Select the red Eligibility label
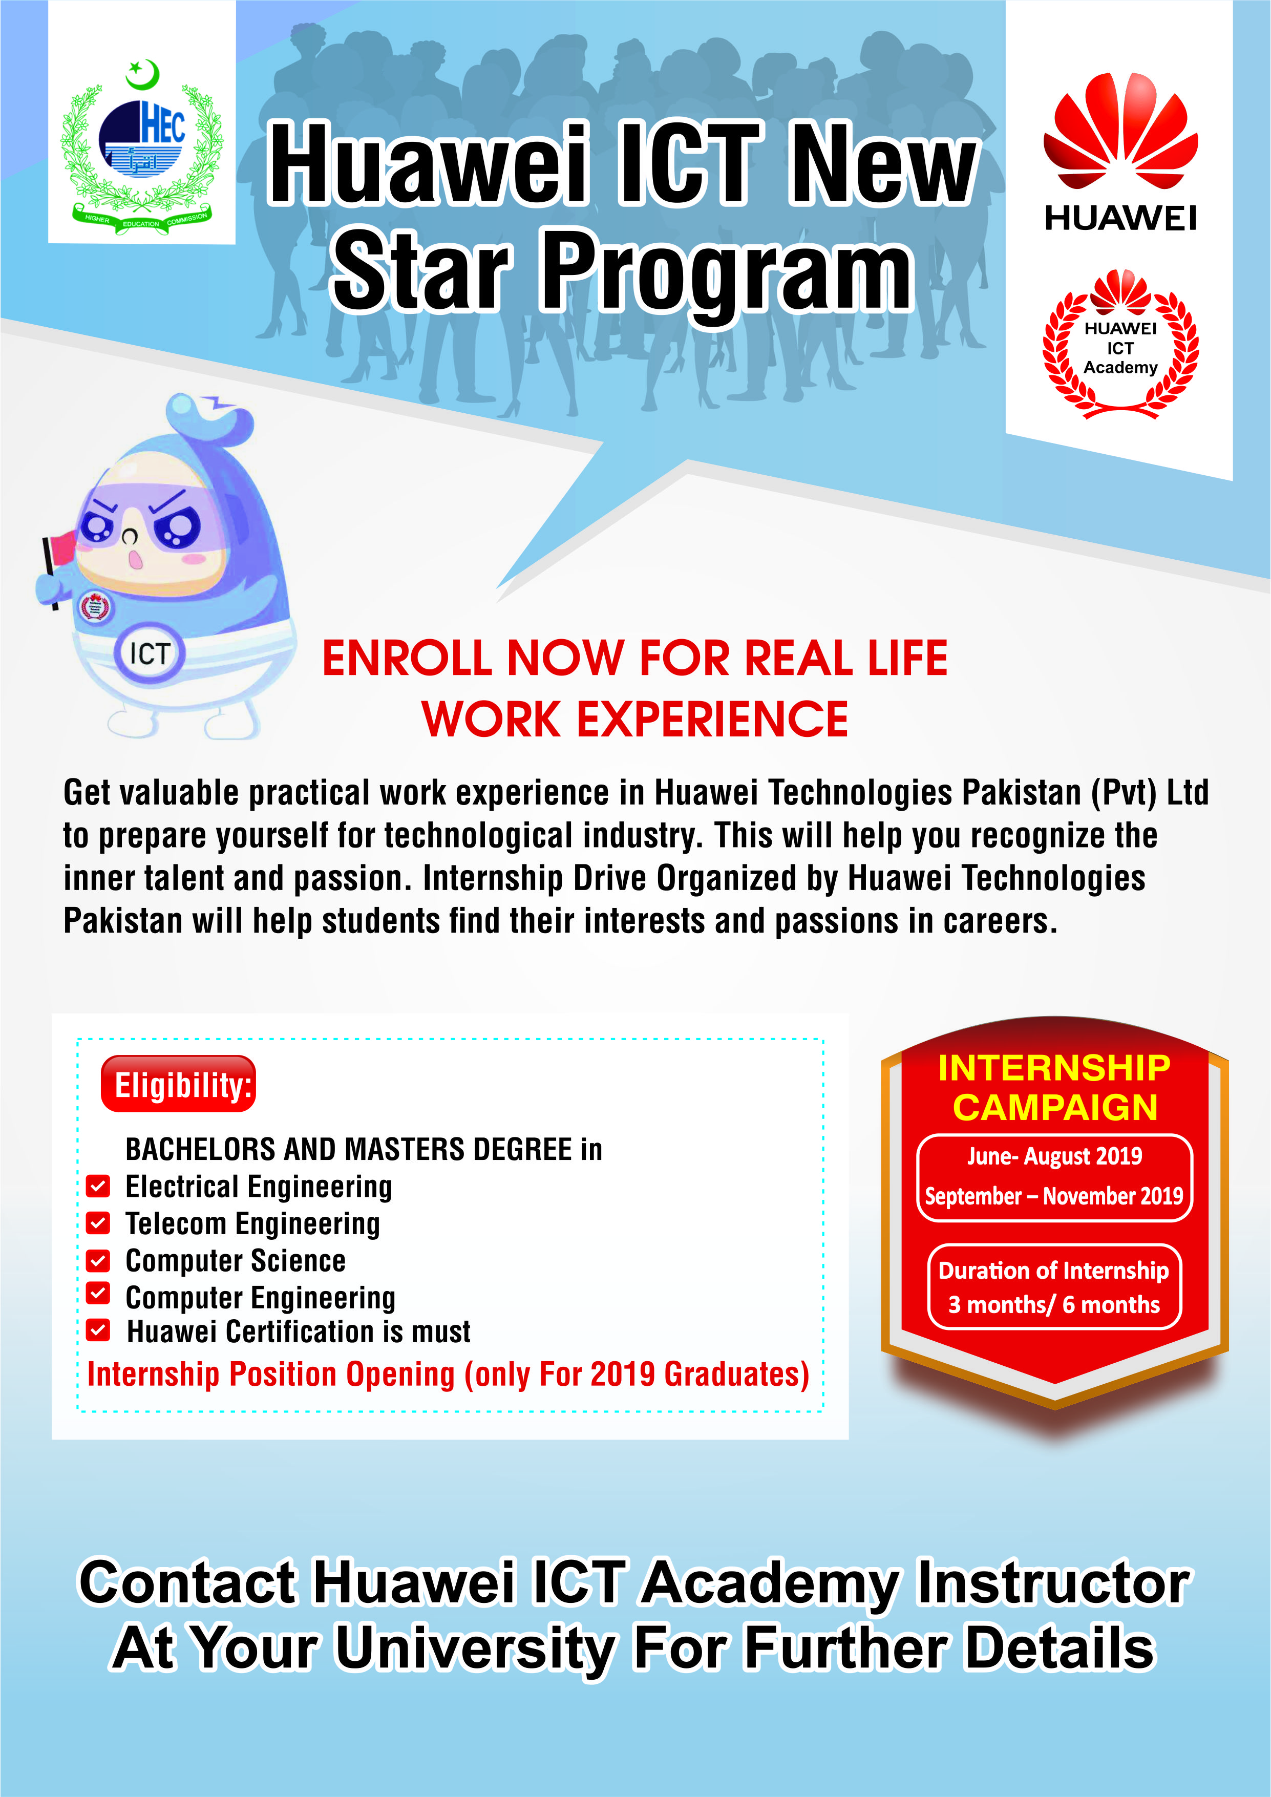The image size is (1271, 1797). point(178,1085)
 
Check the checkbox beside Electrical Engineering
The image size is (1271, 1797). point(98,1187)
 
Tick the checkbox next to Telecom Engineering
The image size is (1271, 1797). point(98,1222)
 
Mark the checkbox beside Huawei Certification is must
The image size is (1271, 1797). point(98,1330)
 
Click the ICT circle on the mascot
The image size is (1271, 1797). point(150,653)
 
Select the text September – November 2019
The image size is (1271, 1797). point(1054,1196)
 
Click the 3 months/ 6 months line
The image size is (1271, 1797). point(1054,1305)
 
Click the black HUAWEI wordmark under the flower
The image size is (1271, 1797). point(1121,218)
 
